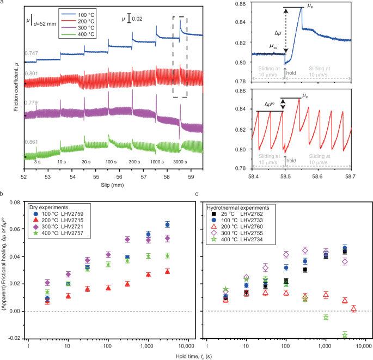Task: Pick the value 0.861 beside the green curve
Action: (31, 142)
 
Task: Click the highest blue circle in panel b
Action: (167, 224)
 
